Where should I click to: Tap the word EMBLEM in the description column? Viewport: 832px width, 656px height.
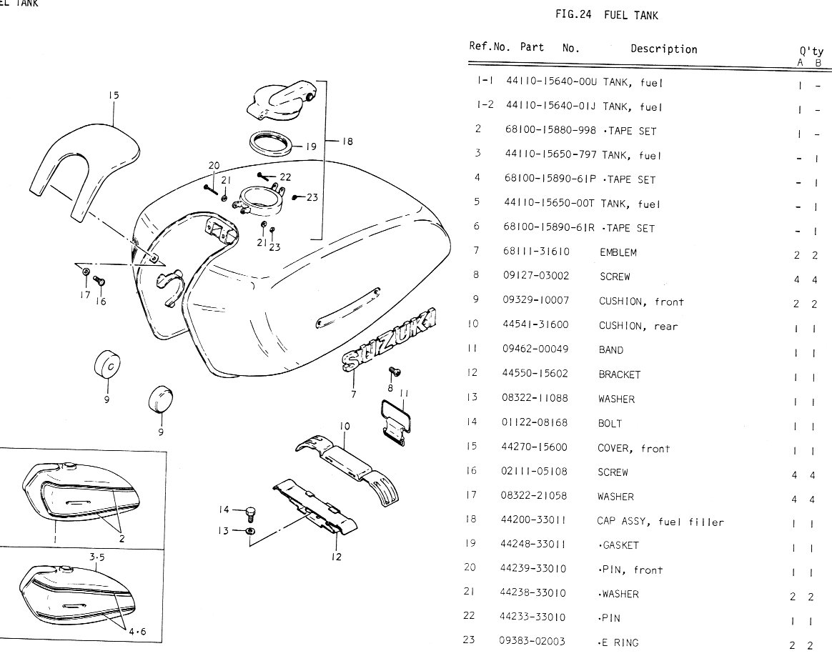click(618, 252)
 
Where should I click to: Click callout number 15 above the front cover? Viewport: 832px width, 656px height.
click(114, 96)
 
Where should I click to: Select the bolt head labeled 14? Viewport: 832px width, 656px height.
click(250, 512)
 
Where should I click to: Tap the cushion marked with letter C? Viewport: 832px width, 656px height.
click(107, 367)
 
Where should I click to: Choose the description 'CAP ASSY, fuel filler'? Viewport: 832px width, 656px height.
click(660, 522)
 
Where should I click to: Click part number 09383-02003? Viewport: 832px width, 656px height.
click(533, 642)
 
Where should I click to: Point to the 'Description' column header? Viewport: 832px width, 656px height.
click(663, 49)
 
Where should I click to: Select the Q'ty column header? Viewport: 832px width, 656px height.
click(810, 52)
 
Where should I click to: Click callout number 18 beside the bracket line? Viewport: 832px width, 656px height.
click(347, 141)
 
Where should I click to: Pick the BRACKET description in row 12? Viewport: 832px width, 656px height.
click(620, 374)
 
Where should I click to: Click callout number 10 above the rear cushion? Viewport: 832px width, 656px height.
click(345, 427)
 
